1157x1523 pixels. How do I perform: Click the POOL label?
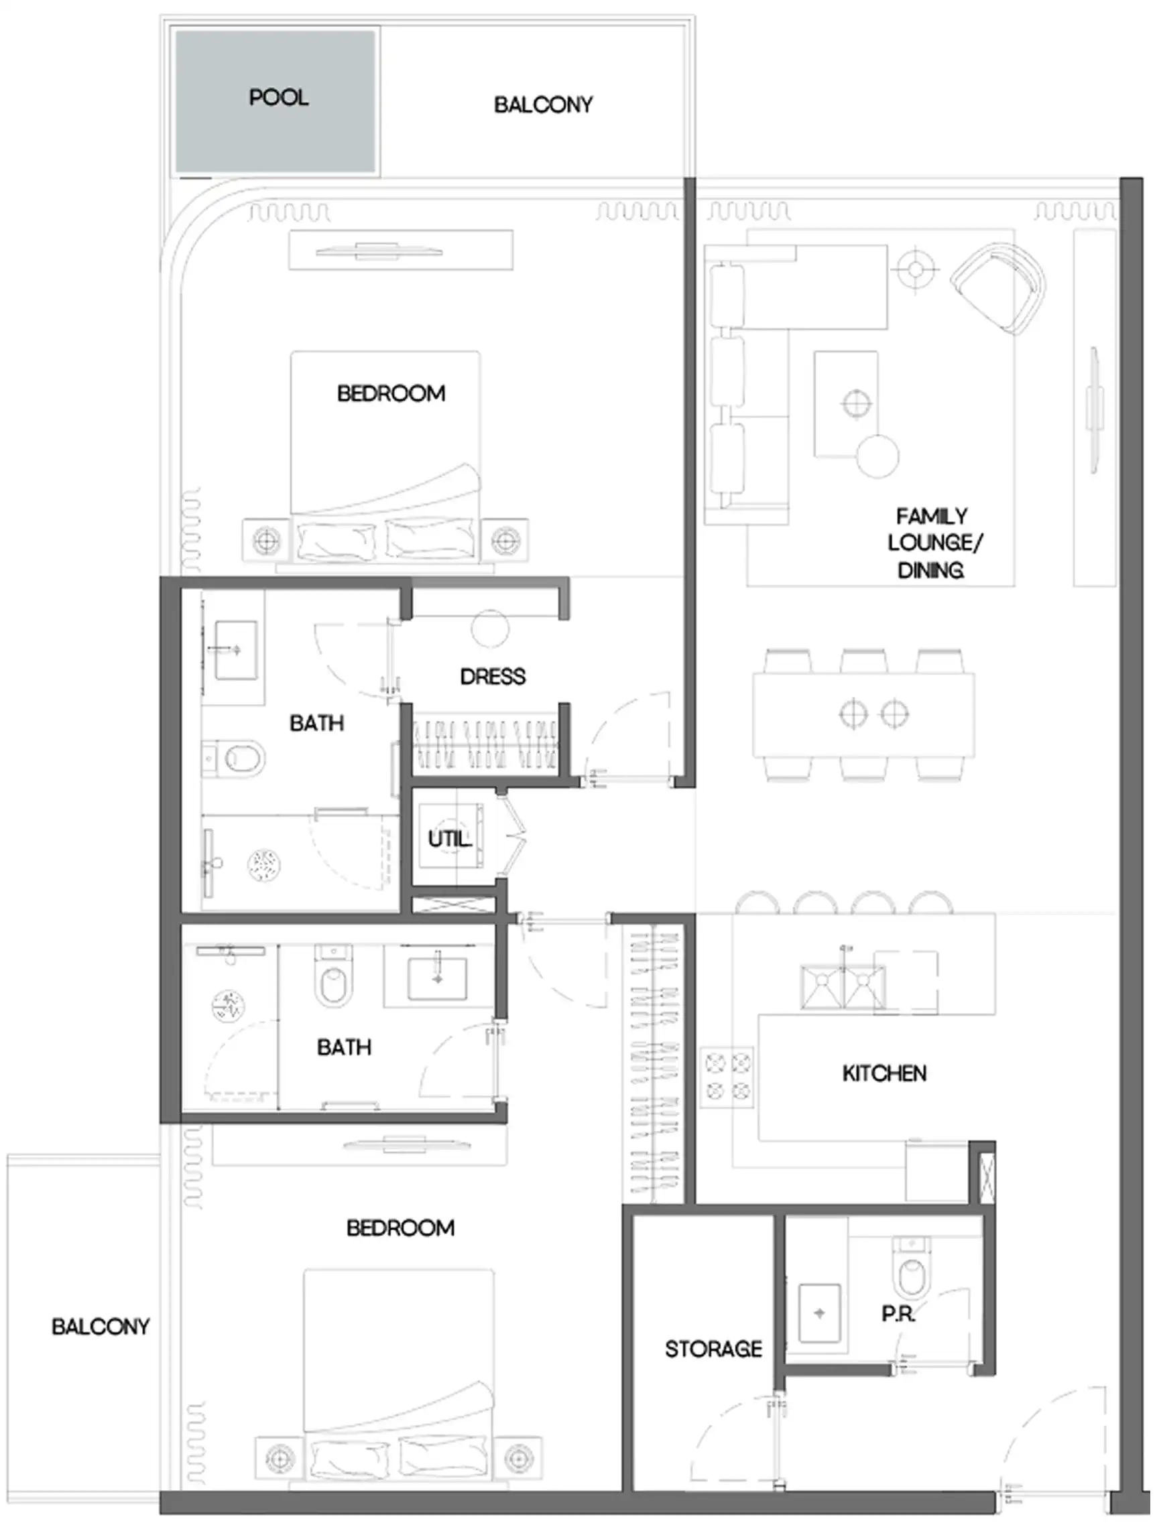pyautogui.click(x=278, y=98)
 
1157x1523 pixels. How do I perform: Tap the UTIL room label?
pyautogui.click(x=449, y=839)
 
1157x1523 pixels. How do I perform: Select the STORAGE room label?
pyautogui.click(x=713, y=1349)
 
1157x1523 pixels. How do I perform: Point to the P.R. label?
pyautogui.click(x=898, y=1315)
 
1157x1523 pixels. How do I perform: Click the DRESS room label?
pyautogui.click(x=493, y=677)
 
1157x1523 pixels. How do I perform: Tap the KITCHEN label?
pyautogui.click(x=884, y=1073)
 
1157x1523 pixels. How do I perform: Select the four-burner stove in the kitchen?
pyautogui.click(x=727, y=1077)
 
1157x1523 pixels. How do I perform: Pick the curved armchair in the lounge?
pyautogui.click(x=999, y=289)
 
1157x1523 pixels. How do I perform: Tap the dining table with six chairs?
pyautogui.click(x=863, y=714)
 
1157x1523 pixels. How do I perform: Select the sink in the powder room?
pyautogui.click(x=819, y=1313)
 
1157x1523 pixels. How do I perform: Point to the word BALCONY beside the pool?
pyautogui.click(x=543, y=105)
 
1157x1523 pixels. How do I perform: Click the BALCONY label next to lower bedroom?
pyautogui.click(x=101, y=1327)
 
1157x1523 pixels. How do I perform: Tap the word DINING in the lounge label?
pyautogui.click(x=930, y=571)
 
